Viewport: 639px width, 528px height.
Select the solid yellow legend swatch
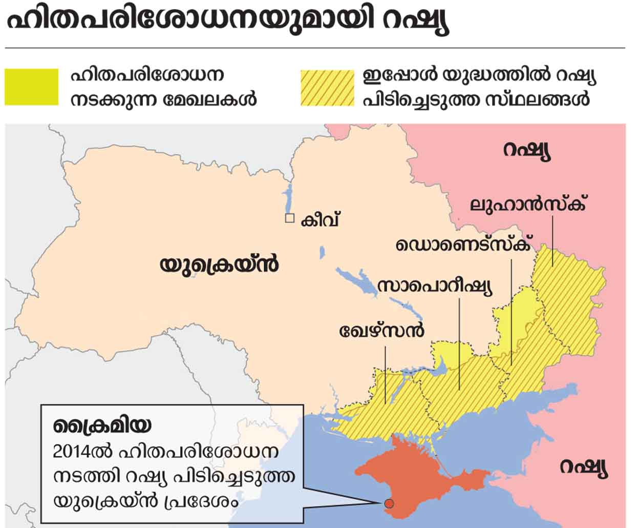coord(31,86)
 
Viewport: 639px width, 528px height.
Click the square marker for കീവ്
coord(290,218)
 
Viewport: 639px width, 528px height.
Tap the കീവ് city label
coord(321,220)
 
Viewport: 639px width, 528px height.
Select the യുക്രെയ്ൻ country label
coord(220,266)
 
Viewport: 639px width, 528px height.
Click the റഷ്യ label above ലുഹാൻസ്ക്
coord(527,151)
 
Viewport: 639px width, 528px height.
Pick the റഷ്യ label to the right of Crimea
coord(583,468)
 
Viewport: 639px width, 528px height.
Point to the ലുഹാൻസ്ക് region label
coord(528,204)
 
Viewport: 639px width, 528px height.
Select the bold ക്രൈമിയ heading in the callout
coord(102,425)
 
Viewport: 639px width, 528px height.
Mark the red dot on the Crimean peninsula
coord(389,503)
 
